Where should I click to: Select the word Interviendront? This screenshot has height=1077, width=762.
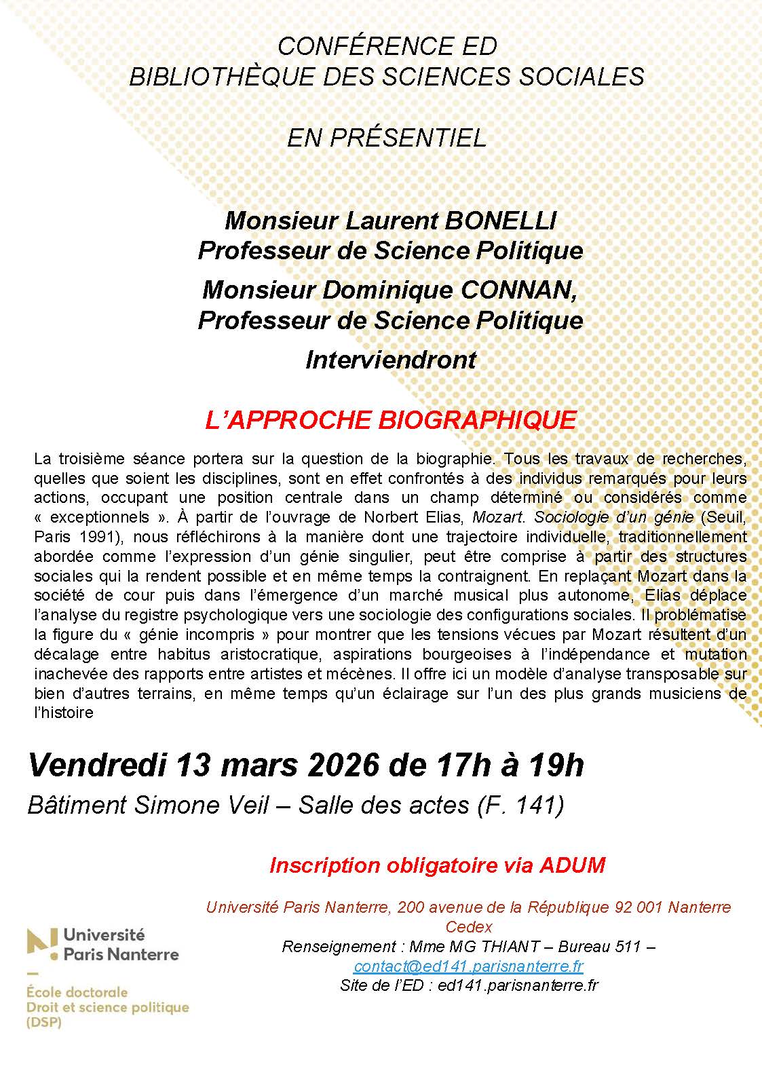point(391,360)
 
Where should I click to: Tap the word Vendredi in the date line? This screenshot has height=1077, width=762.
point(97,766)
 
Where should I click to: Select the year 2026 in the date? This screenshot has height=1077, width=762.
point(343,766)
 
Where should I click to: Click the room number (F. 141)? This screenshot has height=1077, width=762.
point(521,805)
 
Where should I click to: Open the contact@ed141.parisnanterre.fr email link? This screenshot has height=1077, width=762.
point(468,966)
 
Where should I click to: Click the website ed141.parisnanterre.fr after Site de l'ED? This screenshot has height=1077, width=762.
point(518,985)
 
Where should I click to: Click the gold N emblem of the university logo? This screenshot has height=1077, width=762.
point(41,945)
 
